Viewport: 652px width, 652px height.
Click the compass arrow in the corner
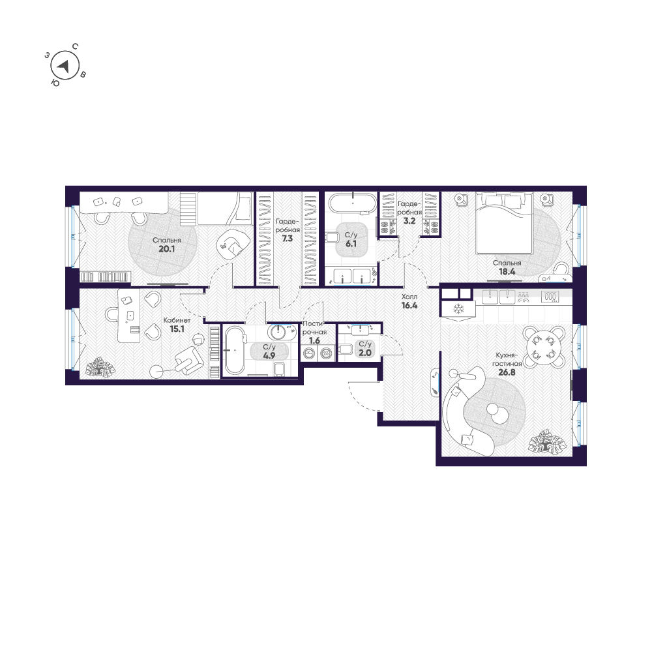pyautogui.click(x=64, y=65)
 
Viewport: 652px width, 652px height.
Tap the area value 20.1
pyautogui.click(x=167, y=248)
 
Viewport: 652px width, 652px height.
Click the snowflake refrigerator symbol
pyautogui.click(x=458, y=308)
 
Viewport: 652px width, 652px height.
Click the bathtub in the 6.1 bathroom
pyautogui.click(x=352, y=202)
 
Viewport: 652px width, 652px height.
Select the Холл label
pyautogui.click(x=409, y=295)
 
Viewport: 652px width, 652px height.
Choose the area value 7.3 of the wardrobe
pyautogui.click(x=287, y=239)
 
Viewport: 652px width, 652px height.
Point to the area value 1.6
pyautogui.click(x=314, y=340)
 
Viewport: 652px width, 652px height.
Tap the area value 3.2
pyautogui.click(x=409, y=221)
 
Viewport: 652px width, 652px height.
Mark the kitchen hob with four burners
pyautogui.click(x=550, y=297)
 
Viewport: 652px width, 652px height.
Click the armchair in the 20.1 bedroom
pyautogui.click(x=231, y=243)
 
